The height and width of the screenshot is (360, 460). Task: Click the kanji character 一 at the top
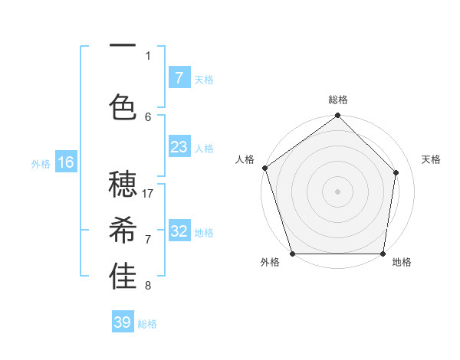pos(123,47)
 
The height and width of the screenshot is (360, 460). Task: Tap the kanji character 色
pos(123,107)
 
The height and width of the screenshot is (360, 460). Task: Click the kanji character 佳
pos(123,277)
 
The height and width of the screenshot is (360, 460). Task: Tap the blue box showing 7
pos(179,78)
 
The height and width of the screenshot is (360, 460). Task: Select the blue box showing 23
pos(179,147)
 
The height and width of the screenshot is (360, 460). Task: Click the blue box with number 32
pos(179,231)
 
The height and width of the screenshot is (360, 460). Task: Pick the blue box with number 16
pos(66,162)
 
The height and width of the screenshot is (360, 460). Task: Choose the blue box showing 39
pos(122,322)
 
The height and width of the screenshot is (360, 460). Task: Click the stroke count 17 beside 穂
pos(149,193)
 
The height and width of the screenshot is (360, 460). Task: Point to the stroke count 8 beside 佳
pos(148,286)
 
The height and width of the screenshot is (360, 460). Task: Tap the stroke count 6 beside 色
pos(148,116)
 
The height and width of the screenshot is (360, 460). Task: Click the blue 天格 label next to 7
pos(204,79)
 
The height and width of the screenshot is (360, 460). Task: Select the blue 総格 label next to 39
pos(147,324)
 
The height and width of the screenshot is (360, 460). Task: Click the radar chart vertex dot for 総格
pos(337,116)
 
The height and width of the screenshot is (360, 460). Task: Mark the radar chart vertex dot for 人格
pos(264,168)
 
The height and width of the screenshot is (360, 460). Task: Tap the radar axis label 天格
pos(432,159)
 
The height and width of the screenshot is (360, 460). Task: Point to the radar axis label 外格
pos(270,262)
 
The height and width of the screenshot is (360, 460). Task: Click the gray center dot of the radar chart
pos(337,191)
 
